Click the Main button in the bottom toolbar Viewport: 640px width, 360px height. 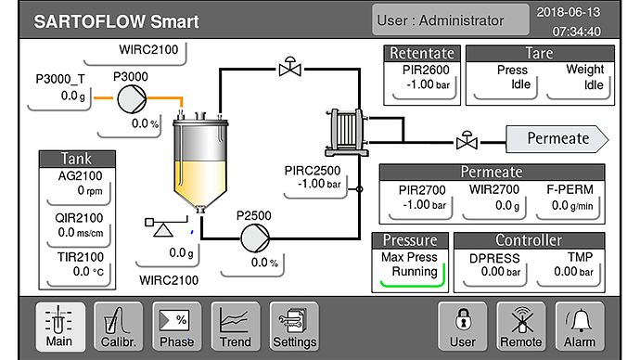coord(58,327)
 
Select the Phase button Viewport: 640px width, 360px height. coord(176,327)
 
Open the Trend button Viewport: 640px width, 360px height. coord(235,327)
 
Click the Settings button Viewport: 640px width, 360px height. coord(294,327)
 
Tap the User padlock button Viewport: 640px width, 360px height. coord(462,327)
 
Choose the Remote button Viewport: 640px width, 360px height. coord(522,327)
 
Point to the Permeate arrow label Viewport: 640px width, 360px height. coord(557,138)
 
